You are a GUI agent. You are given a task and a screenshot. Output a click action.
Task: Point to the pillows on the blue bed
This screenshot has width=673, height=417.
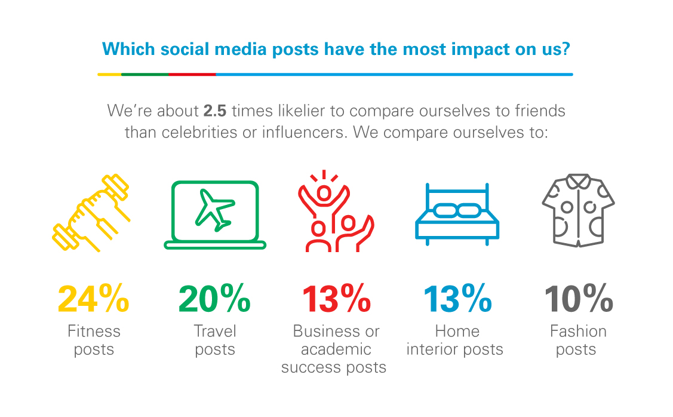pyautogui.click(x=457, y=210)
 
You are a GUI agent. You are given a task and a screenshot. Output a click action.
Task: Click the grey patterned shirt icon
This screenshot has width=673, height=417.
pyautogui.click(x=578, y=210)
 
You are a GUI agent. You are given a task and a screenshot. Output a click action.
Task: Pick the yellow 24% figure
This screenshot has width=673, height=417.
pyautogui.click(x=94, y=299)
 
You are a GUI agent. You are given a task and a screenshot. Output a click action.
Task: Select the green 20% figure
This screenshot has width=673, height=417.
pyautogui.click(x=214, y=299)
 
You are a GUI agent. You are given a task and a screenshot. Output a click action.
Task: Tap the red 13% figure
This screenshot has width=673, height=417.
pyautogui.click(x=336, y=299)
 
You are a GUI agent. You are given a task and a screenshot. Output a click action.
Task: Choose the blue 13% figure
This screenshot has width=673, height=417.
pyautogui.click(x=457, y=299)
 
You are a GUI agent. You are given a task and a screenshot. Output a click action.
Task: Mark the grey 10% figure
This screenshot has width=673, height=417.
pyautogui.click(x=579, y=299)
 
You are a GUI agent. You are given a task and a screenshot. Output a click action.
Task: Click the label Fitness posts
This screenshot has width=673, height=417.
pyautogui.click(x=94, y=340)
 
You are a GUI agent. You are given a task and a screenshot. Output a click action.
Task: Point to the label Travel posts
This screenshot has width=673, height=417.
pyautogui.click(x=215, y=340)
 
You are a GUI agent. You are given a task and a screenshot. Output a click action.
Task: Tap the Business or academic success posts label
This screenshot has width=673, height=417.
pyautogui.click(x=334, y=349)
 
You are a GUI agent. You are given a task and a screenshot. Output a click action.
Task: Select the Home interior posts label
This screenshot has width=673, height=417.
pyautogui.click(x=455, y=340)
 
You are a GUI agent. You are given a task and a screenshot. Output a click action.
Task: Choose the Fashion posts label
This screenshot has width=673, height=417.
pyautogui.click(x=578, y=340)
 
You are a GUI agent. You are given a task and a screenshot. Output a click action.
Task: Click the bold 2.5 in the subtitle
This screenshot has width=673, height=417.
pyautogui.click(x=214, y=111)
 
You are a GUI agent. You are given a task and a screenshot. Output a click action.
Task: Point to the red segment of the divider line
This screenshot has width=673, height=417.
pyautogui.click(x=192, y=74)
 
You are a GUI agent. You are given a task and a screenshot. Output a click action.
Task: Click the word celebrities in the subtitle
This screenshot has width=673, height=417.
pyautogui.click(x=199, y=132)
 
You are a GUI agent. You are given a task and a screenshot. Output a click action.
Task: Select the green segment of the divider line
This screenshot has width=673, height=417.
pyautogui.click(x=145, y=74)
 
